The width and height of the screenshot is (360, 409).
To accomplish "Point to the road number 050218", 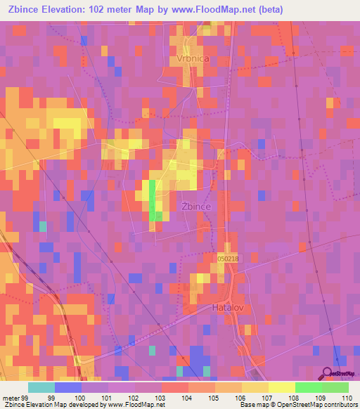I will coord(229,259).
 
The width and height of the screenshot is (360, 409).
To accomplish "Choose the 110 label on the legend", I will coord(348,397).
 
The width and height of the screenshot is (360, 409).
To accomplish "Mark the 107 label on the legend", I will coord(269,397).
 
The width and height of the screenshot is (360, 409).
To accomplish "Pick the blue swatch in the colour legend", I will coord(68,387).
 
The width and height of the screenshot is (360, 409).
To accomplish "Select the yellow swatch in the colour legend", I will coord(281,387).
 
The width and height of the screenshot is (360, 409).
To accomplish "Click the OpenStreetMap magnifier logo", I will coord(328,373).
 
